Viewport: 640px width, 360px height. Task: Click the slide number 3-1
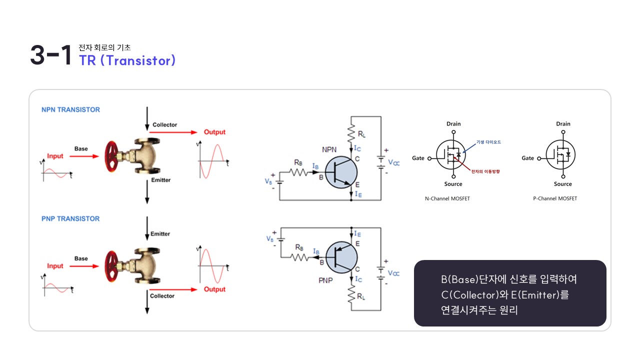click(x=51, y=55)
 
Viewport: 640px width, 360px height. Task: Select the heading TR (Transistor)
click(x=127, y=60)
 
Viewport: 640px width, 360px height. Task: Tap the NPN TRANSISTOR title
click(x=70, y=109)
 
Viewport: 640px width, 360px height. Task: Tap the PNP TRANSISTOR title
click(x=70, y=219)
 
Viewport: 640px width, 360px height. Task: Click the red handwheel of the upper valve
click(x=111, y=156)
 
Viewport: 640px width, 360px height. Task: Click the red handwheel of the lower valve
click(x=111, y=266)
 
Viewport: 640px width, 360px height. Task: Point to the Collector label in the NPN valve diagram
click(x=164, y=125)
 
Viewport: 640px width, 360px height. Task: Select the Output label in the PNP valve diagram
click(x=214, y=289)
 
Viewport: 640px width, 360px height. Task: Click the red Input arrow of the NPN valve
click(x=84, y=156)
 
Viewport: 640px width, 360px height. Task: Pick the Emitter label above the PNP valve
click(x=160, y=234)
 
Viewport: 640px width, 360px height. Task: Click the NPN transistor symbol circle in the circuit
click(x=341, y=172)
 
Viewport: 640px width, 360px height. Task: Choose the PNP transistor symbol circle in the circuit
click(x=341, y=257)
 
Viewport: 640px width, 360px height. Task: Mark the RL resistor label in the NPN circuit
click(x=361, y=134)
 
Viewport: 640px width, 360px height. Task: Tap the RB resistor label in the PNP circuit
click(x=299, y=247)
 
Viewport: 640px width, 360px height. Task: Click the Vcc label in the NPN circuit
click(x=393, y=162)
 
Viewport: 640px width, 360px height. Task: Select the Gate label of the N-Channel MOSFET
click(x=418, y=158)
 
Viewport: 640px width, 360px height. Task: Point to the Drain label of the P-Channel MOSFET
click(x=563, y=124)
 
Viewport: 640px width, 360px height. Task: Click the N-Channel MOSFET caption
click(x=447, y=198)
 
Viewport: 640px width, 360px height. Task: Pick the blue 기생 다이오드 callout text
click(x=488, y=142)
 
